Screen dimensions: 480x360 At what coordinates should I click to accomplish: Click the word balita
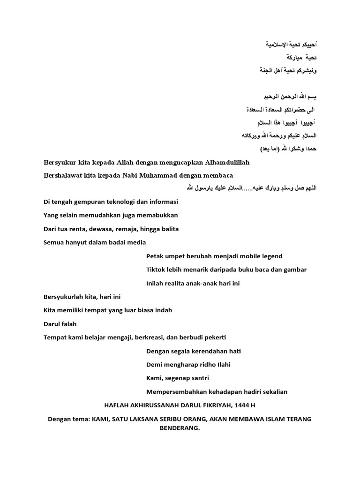(169, 229)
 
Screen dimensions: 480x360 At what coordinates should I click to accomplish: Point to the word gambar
(295, 270)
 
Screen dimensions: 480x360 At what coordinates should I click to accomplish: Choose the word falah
(68, 324)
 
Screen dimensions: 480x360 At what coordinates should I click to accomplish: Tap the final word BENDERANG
(180, 428)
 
